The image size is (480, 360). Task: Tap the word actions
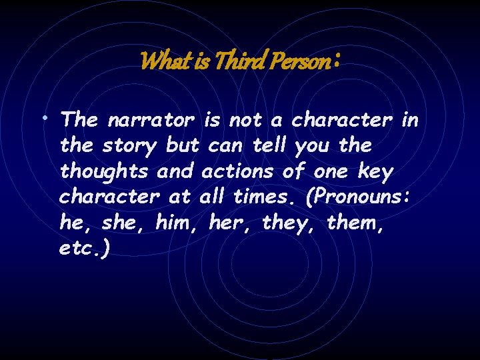[237, 171]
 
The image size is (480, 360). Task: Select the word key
[375, 172]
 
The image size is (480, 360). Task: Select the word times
[262, 197]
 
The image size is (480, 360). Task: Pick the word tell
[273, 146]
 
